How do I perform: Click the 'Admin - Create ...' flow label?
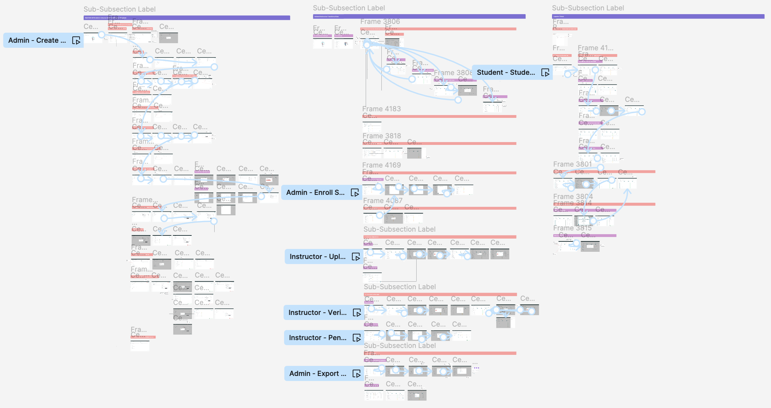37,41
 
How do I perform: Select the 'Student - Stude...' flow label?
506,73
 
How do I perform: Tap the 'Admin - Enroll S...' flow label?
315,193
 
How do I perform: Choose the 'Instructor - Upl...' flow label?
317,257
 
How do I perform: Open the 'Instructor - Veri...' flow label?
317,313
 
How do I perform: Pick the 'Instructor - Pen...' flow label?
317,338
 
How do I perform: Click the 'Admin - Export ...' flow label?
317,374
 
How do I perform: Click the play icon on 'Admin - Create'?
76,41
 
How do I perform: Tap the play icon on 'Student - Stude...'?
545,73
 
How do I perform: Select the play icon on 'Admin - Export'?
357,374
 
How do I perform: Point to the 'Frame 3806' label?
380,22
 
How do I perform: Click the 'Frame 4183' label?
381,109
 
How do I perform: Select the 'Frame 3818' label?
382,136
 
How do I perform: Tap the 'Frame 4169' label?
381,165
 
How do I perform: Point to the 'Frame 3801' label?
572,164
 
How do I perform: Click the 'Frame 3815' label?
572,228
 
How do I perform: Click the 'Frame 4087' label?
383,201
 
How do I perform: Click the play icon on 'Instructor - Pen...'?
357,338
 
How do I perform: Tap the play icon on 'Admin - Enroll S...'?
355,193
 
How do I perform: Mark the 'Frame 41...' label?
595,48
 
